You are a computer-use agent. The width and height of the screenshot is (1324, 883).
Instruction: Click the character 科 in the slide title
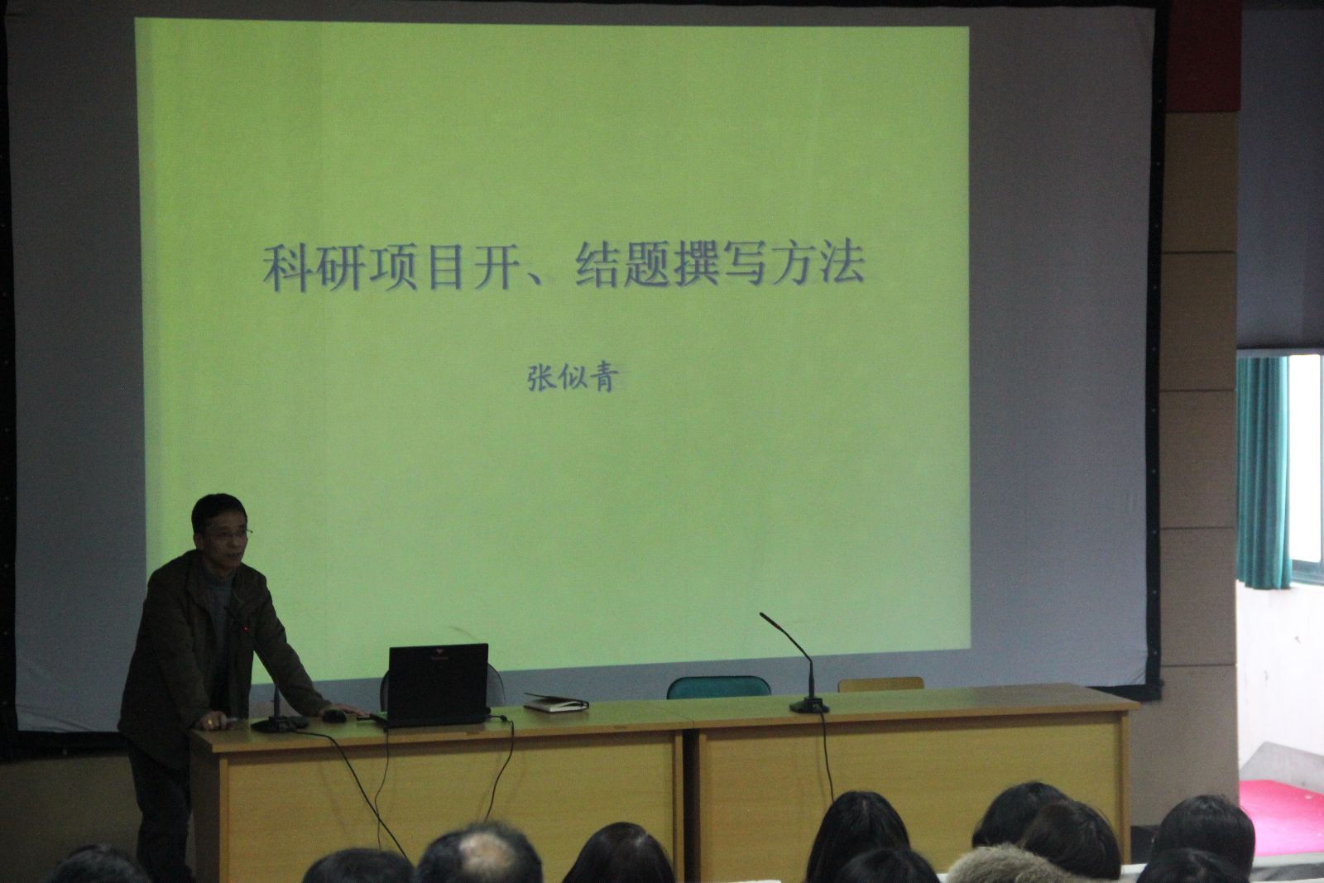pos(287,267)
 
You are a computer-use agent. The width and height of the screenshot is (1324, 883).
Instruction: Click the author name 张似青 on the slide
pos(572,377)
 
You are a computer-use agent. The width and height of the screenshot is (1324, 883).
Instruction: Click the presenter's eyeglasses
pos(231,534)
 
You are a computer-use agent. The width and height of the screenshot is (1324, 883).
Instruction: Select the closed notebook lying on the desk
pos(555,703)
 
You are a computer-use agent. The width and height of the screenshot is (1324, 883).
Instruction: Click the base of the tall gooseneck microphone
pos(809,705)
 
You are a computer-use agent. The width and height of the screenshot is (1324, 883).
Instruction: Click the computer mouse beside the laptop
pos(334,717)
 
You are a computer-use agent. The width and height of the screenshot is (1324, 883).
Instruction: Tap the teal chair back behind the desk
pos(718,688)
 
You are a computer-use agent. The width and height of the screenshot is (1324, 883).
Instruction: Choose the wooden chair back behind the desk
pos(880,684)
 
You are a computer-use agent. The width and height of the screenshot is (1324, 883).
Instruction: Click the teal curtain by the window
pos(1263,473)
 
